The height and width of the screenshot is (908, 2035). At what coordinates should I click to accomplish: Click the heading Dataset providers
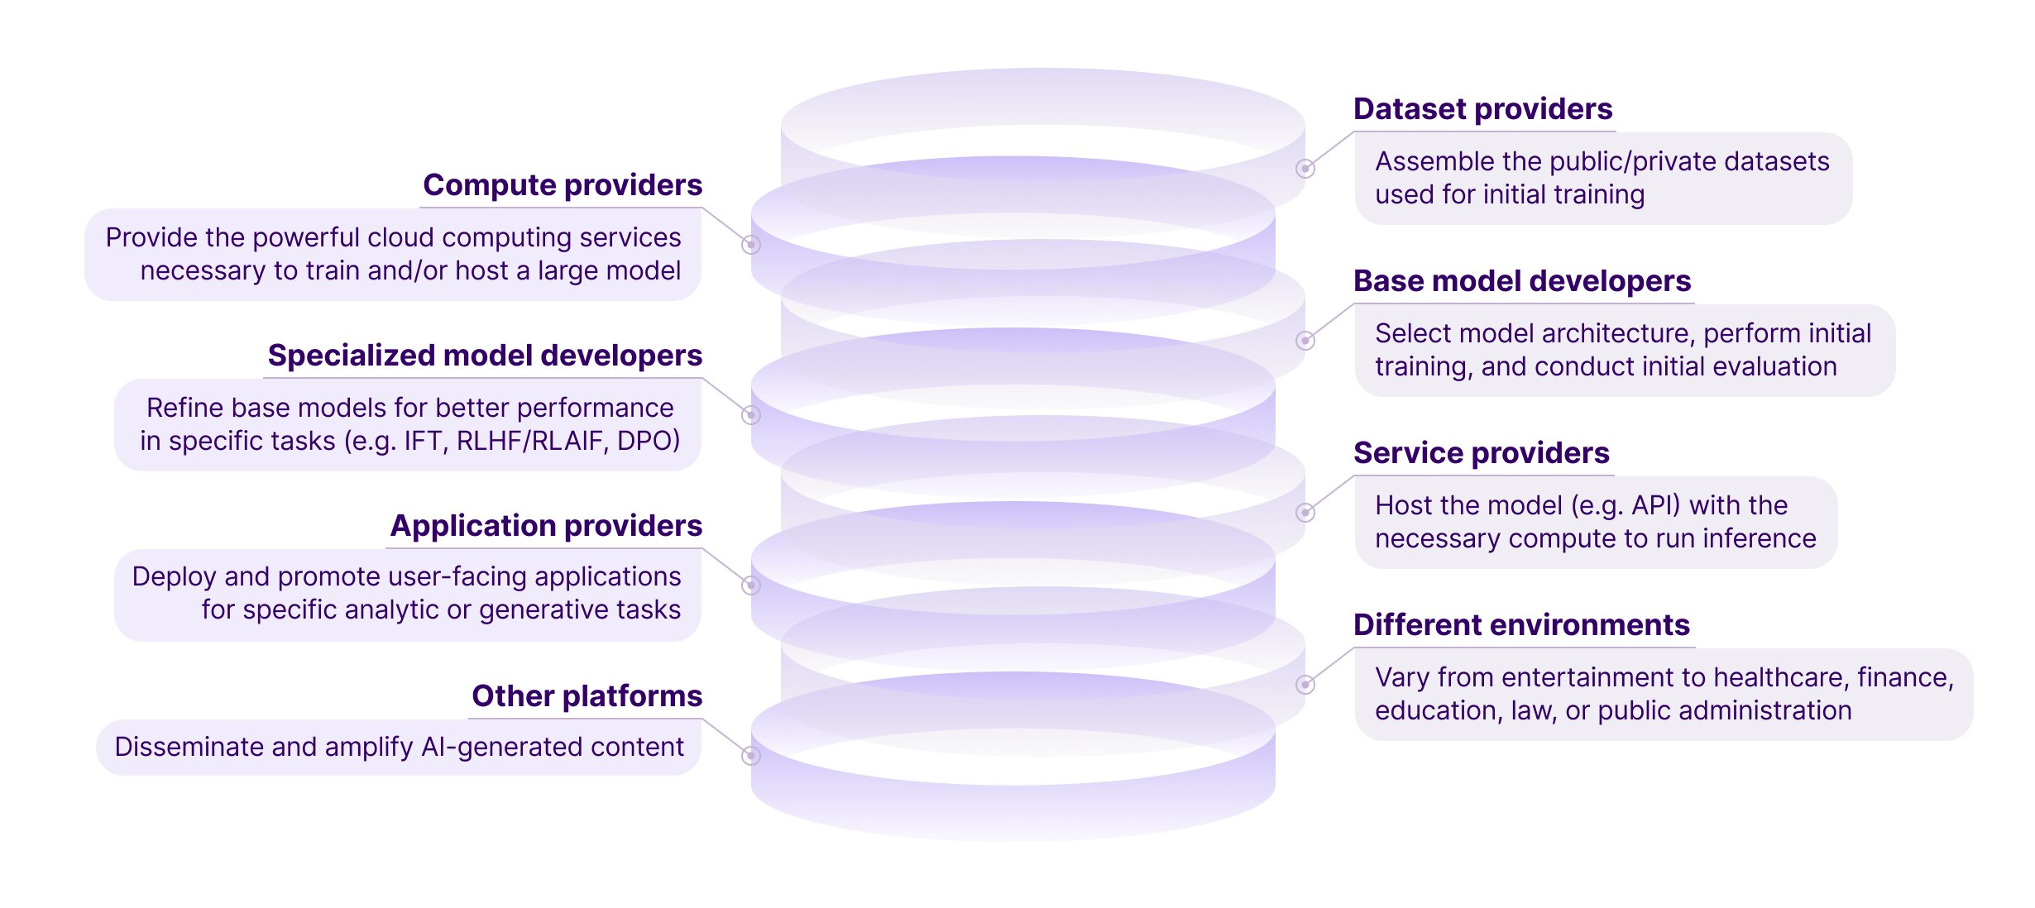click(1482, 109)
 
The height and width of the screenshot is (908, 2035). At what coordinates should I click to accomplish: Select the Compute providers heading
click(563, 185)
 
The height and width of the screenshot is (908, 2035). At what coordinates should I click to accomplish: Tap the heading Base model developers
click(1522, 281)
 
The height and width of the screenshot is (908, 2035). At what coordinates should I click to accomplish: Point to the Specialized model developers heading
click(485, 356)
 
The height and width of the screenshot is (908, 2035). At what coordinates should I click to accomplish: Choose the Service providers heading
click(1482, 453)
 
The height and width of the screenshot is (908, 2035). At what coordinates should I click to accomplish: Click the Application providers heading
click(546, 526)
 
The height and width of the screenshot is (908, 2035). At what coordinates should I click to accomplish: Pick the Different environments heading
click(1521, 625)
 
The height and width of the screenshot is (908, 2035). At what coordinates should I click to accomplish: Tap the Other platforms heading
click(587, 696)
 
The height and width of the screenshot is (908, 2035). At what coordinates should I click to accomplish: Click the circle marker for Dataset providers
click(1305, 169)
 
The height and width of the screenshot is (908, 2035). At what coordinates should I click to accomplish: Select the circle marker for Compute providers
click(751, 245)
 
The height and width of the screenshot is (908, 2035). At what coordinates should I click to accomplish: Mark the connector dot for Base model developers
click(1305, 341)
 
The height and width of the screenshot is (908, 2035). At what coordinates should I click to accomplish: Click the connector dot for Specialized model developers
click(751, 415)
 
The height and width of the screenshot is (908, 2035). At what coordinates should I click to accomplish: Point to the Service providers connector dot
click(1305, 513)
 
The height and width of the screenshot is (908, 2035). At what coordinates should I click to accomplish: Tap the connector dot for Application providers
click(751, 585)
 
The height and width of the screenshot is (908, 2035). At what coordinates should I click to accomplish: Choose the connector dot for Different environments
click(1305, 685)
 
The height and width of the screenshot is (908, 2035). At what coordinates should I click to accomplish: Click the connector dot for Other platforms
click(751, 756)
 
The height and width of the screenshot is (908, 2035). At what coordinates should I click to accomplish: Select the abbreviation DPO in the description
click(649, 441)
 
